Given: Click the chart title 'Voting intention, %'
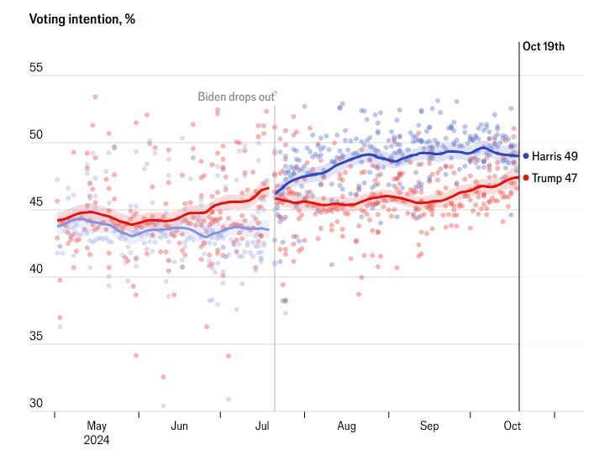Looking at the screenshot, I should [82, 19].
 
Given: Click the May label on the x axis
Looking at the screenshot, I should [97, 426].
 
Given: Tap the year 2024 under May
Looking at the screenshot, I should [97, 439].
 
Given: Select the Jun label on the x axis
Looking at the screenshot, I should [179, 426].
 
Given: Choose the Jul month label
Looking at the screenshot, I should [263, 426].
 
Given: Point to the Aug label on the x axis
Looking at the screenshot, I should [346, 426].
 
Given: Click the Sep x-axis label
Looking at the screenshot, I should [429, 426].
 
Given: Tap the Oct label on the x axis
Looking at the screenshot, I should [513, 426].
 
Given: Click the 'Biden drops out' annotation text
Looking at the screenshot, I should [236, 97].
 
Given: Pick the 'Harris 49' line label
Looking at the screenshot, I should [555, 156].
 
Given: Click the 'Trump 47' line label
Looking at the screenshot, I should [554, 177].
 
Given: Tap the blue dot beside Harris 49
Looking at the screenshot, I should [526, 156].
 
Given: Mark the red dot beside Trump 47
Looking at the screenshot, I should [526, 177].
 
